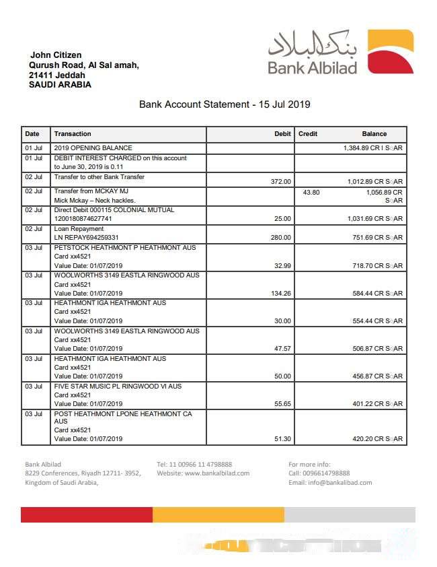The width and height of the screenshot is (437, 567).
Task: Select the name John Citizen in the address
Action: point(56,55)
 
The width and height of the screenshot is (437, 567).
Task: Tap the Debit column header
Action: point(282,134)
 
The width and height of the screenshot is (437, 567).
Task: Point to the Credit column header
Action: point(308,134)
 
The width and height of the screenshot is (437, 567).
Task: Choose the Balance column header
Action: point(374,134)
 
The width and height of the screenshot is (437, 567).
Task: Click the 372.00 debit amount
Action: point(280,181)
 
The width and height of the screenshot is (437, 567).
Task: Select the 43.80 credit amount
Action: point(311,192)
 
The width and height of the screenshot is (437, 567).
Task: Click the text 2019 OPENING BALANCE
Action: point(93,147)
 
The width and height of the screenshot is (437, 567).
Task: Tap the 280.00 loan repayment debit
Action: point(280,237)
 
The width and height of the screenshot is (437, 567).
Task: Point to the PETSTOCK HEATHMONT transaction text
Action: point(124,248)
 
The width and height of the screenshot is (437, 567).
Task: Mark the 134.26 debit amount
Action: point(279,293)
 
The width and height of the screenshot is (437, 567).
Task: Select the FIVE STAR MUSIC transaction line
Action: point(118,387)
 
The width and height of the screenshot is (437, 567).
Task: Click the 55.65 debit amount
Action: point(280,404)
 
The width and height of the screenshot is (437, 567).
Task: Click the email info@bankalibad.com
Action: point(330,483)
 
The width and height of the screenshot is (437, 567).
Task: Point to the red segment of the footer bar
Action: point(87,515)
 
